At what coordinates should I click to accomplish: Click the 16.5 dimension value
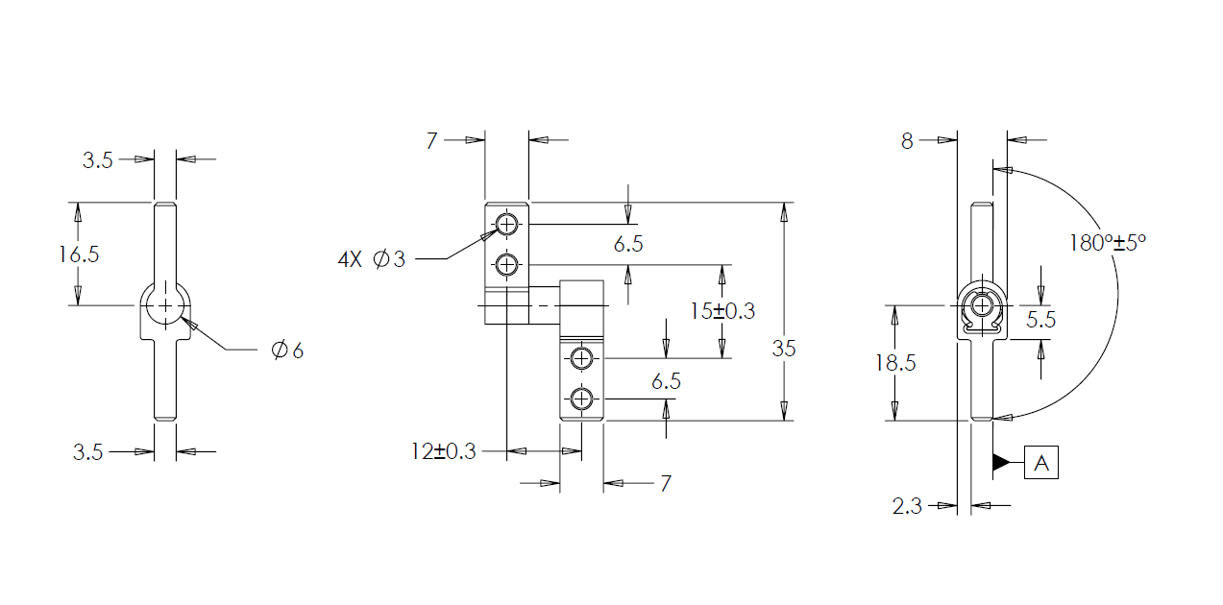pos(78,254)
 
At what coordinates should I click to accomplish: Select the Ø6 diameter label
pos(287,351)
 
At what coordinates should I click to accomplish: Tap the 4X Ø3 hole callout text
pos(372,259)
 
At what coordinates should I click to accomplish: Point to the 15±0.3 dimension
pos(722,311)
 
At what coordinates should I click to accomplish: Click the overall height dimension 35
pos(784,349)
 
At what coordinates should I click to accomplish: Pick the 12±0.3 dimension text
pos(444,451)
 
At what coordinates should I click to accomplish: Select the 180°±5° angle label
pos(1108,242)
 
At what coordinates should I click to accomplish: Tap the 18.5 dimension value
pos(894,363)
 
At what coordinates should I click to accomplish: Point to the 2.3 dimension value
pos(907,506)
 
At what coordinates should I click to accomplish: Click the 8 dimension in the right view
pos(907,141)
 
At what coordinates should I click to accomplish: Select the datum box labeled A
pos(1041,463)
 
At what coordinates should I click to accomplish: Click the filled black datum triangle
pos(1001,463)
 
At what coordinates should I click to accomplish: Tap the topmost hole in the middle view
pos(506,225)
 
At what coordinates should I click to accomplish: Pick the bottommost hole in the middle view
pos(581,398)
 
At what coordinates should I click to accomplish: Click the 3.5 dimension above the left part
pos(97,160)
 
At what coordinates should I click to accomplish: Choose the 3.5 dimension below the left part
pos(88,452)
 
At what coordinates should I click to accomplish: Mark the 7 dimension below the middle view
pos(665,483)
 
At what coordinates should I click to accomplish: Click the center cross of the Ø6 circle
pos(165,304)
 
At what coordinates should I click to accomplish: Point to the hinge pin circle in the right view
pos(981,305)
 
